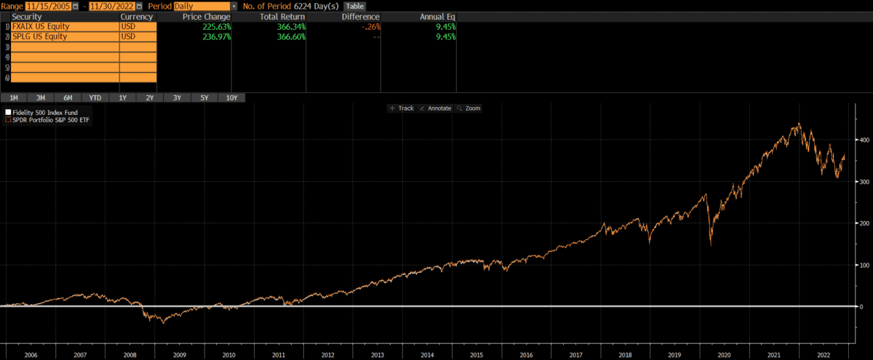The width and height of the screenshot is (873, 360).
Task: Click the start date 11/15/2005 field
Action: coord(48,6)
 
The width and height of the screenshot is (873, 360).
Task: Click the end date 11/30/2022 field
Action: coord(111,6)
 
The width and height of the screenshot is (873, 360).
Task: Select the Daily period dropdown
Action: coord(203,6)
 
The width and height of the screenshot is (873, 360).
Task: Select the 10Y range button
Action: coord(231,97)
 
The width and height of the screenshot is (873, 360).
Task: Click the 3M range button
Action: coord(41,97)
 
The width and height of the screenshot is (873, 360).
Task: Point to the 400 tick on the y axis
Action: coord(864,139)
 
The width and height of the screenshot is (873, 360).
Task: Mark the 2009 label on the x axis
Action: coord(179,355)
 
